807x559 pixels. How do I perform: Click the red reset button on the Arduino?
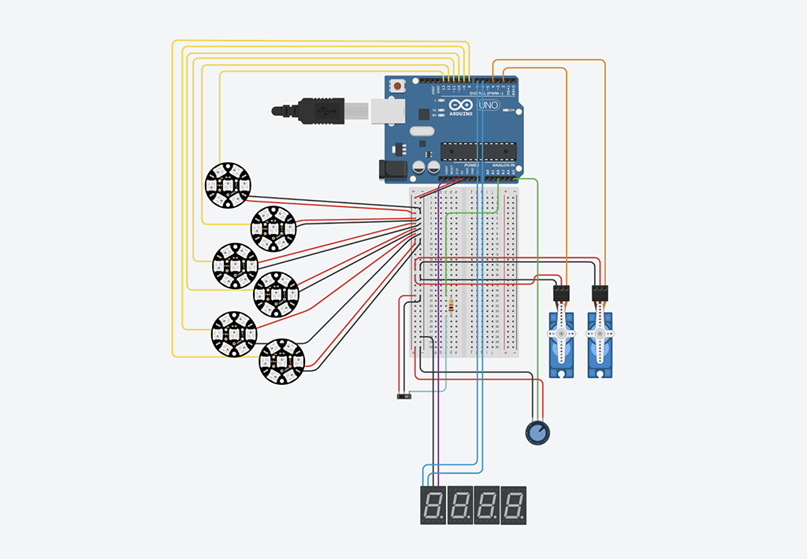click(x=398, y=85)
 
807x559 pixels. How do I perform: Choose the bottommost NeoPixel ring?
click(x=281, y=361)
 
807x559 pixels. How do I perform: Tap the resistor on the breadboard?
click(x=450, y=306)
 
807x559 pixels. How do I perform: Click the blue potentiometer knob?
click(x=537, y=432)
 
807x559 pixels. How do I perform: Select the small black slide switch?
click(x=403, y=396)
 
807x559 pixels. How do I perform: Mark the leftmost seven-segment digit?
click(x=433, y=505)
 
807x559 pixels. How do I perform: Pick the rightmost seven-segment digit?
click(x=515, y=505)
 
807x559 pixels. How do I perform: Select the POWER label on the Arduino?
click(x=461, y=165)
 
